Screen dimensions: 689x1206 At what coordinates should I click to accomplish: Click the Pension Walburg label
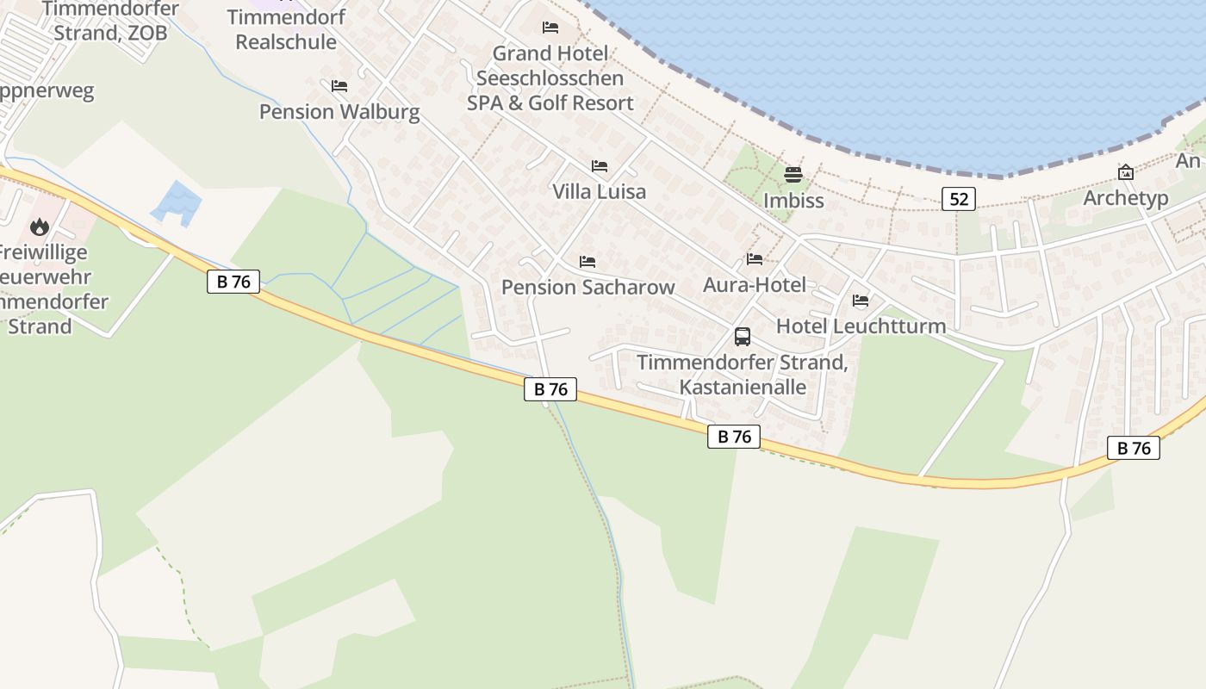tap(339, 112)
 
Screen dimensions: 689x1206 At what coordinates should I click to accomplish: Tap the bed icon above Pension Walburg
tap(339, 86)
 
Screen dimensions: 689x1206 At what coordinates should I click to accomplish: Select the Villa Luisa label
tap(599, 191)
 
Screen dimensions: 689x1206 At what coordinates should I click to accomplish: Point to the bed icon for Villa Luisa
tap(599, 166)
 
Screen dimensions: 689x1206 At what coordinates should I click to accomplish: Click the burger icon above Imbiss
tap(793, 176)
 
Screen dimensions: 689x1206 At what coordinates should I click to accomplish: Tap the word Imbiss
tap(793, 201)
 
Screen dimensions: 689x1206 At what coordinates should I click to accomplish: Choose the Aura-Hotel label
tap(755, 285)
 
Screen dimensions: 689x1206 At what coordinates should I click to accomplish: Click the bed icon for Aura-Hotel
tap(755, 259)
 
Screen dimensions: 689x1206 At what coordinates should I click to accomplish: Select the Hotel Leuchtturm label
tap(861, 326)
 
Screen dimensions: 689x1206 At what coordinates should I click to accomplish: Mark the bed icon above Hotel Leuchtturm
tap(860, 301)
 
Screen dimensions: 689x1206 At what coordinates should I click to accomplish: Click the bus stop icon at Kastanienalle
tap(742, 337)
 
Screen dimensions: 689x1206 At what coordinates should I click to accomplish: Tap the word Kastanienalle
tap(743, 388)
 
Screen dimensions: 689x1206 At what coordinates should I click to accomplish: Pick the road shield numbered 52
tap(958, 199)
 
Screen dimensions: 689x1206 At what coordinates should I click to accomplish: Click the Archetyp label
tap(1125, 198)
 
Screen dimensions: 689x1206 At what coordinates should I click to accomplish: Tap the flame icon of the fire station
tap(39, 227)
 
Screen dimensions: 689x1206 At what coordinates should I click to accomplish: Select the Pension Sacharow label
tap(587, 288)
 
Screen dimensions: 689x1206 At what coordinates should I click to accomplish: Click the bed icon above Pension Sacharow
tap(587, 261)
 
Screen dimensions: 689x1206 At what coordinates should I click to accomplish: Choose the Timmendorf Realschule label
tap(286, 29)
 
